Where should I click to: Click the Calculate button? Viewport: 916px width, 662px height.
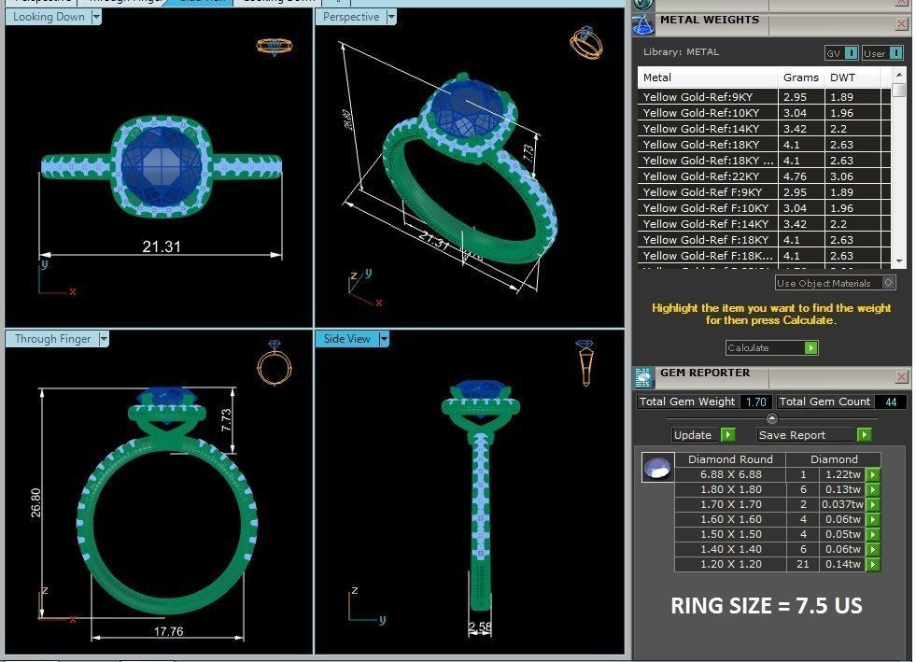771,348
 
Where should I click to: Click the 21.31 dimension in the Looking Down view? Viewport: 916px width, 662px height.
161,246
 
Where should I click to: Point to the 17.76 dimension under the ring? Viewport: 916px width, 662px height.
167,631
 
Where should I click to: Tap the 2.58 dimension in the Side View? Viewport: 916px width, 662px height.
480,627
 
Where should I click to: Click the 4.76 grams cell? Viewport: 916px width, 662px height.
795,176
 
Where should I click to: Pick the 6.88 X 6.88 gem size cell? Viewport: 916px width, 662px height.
730,474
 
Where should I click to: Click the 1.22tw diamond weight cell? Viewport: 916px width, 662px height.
841,474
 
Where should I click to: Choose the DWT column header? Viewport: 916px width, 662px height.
842,77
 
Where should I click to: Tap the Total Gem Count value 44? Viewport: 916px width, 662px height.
890,401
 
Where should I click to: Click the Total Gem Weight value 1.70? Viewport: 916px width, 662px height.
754,401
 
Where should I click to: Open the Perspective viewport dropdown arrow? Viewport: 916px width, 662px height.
391,17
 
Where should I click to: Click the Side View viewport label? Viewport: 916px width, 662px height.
346,339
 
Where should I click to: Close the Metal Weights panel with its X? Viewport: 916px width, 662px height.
901,24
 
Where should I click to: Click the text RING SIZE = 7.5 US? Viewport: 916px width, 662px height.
766,606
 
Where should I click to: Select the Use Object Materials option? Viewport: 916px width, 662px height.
836,283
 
